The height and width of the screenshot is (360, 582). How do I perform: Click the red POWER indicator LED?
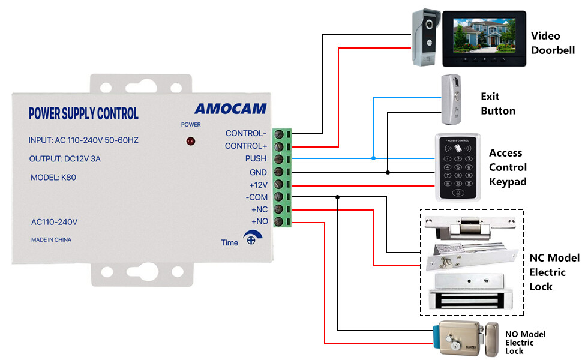click(190, 141)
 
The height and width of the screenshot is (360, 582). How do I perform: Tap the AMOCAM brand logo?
click(230, 109)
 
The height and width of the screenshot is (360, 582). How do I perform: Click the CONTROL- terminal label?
click(246, 133)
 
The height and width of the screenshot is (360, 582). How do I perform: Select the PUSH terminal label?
click(256, 158)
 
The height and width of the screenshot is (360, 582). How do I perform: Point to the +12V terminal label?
click(258, 185)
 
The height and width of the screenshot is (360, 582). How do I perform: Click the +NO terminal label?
click(259, 221)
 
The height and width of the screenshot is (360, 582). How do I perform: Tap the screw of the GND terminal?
click(278, 172)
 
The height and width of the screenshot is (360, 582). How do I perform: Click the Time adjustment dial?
click(252, 238)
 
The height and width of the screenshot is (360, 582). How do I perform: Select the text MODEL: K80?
click(53, 178)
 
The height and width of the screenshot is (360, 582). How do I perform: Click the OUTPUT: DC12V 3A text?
click(65, 159)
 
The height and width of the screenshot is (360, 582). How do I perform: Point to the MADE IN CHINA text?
click(51, 240)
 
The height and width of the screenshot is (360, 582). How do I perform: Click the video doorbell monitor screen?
click(484, 35)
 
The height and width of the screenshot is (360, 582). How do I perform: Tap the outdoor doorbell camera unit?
click(427, 37)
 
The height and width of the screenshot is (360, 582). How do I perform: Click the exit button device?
click(451, 100)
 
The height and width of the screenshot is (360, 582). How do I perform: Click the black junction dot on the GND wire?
click(388, 173)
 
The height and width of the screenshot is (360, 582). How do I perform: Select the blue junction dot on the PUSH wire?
click(373, 158)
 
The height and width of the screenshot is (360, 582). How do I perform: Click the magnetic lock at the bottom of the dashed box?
click(470, 292)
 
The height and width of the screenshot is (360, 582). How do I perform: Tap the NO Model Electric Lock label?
click(525, 343)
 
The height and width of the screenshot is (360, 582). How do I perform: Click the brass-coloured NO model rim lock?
click(466, 339)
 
